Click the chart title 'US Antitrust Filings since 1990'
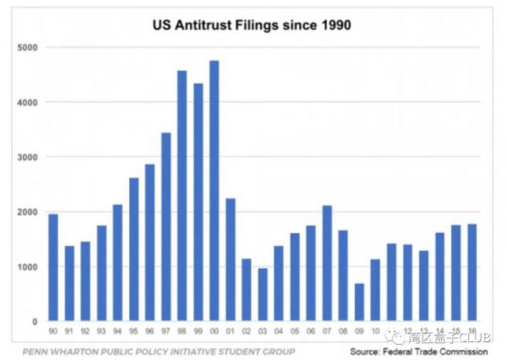pyautogui.click(x=251, y=25)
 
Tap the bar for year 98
pyautogui.click(x=182, y=196)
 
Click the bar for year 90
pyautogui.click(x=53, y=268)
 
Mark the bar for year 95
pyautogui.click(x=133, y=250)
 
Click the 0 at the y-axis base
pyautogui.click(x=34, y=322)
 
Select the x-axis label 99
pyautogui.click(x=198, y=333)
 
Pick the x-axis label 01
pyautogui.click(x=231, y=333)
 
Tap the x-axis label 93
pyautogui.click(x=101, y=333)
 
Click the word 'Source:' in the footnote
pyautogui.click(x=373, y=351)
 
